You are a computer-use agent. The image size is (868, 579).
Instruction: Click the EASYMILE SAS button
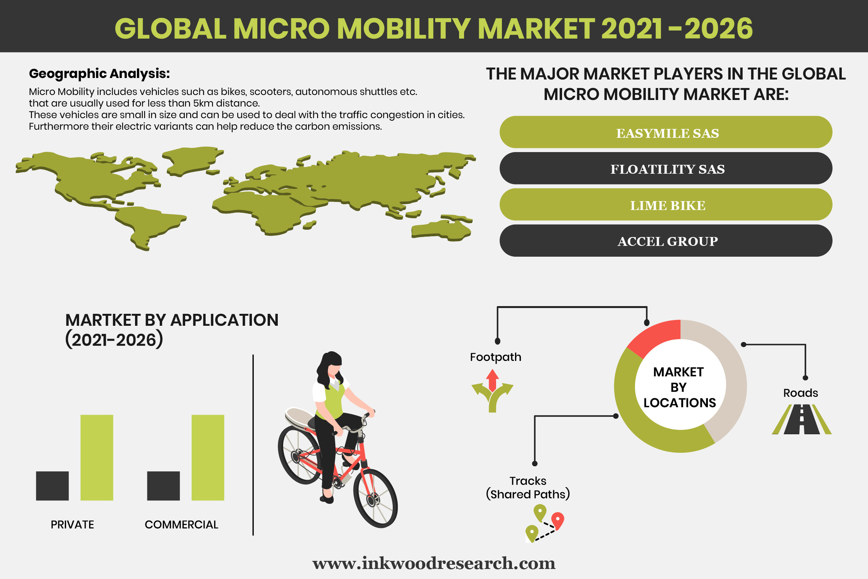666,132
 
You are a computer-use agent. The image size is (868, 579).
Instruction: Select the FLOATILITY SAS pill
666,168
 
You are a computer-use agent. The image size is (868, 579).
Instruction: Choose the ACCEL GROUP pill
666,240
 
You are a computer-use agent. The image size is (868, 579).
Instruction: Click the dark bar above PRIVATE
52,486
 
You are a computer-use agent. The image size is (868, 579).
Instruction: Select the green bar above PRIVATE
97,458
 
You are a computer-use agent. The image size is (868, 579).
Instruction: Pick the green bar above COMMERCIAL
208,458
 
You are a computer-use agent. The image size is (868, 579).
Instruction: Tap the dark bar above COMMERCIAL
164,486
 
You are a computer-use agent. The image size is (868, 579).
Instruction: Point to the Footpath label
496,357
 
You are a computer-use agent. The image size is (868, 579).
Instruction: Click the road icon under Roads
802,419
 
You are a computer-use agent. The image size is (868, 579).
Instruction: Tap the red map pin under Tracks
558,520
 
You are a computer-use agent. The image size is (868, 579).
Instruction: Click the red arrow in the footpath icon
492,380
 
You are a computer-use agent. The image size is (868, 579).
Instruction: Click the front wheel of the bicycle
375,498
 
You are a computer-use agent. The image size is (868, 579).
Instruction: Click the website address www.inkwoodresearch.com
434,563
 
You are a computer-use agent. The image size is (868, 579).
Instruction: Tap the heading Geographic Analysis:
100,73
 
